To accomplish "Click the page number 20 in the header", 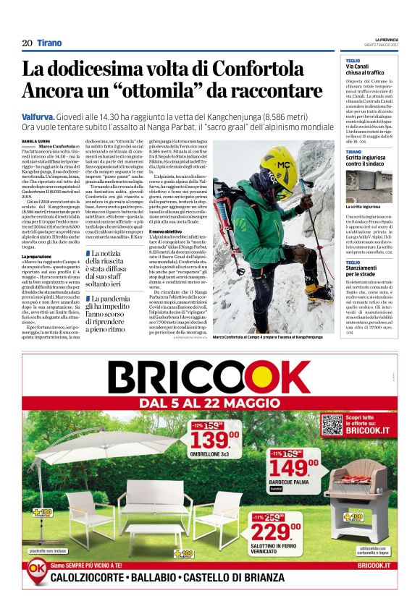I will click(x=27, y=43).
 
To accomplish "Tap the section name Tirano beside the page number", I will click(x=49, y=43).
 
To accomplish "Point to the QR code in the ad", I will click(x=332, y=425).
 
